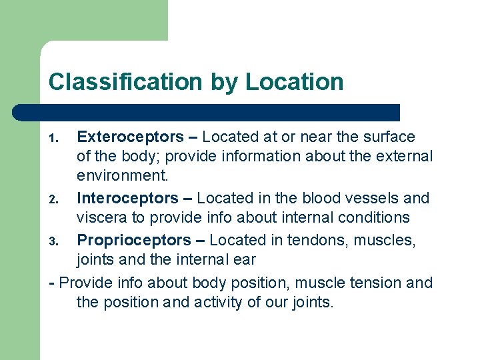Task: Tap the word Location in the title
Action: [x=294, y=82]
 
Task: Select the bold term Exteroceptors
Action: [x=130, y=137]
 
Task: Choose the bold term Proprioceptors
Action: [x=134, y=240]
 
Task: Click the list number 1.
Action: [x=54, y=139]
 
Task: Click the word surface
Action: [x=390, y=137]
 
